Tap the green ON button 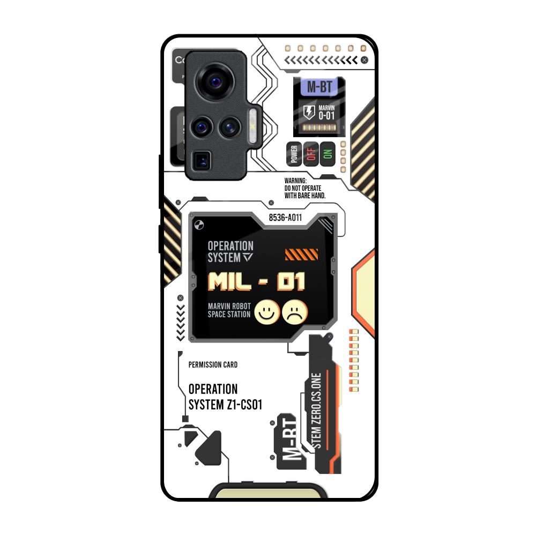327,154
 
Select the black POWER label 294,154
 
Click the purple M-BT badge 319,87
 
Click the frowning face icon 294,312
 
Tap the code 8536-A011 285,218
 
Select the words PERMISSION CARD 213,365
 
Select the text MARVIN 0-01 326,113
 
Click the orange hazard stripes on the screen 301,254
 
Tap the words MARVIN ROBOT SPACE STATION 229,310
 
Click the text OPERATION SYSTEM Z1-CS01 225,397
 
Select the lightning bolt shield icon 309,112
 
